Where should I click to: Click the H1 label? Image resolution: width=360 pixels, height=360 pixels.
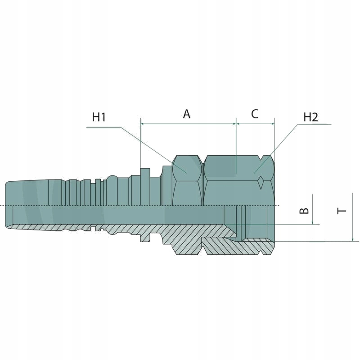(99, 117)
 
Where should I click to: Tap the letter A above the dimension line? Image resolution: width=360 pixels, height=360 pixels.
(187, 114)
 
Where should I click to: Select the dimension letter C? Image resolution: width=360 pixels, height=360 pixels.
(255, 114)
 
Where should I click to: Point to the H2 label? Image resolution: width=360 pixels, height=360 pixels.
(310, 117)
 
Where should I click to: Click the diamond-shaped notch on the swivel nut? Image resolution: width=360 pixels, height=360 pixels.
(261, 182)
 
